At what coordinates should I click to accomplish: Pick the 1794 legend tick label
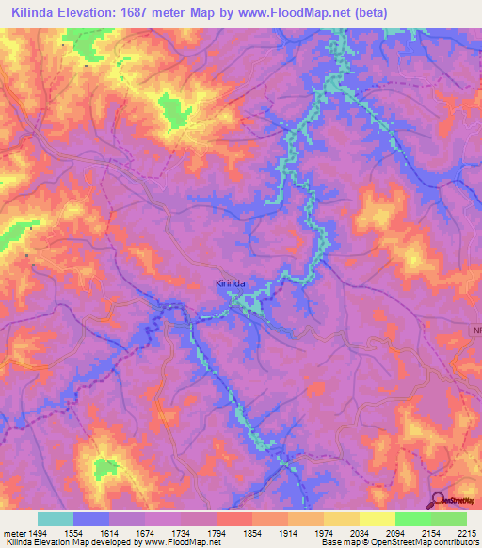coord(217,532)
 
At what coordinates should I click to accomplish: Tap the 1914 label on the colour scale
coord(289,532)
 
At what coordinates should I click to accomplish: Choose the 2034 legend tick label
coord(361,532)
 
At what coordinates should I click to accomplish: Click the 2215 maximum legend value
coord(467,532)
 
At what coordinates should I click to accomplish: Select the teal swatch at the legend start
coord(56,519)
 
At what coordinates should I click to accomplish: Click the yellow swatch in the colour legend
coord(378,519)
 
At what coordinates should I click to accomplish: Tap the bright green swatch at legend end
coord(449,519)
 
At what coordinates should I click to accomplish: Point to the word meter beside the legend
coord(12,532)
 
